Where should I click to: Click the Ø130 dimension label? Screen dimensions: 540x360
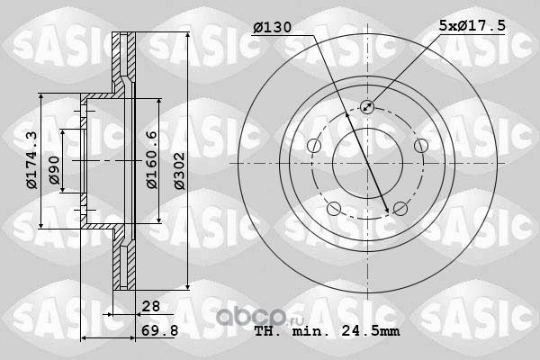pyautogui.click(x=272, y=27)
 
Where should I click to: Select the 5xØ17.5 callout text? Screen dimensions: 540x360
pyautogui.click(x=472, y=25)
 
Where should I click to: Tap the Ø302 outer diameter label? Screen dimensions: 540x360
pyautogui.click(x=179, y=171)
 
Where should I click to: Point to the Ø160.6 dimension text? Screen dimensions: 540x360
pyautogui.click(x=152, y=159)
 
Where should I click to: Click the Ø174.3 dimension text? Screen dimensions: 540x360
pyautogui.click(x=31, y=160)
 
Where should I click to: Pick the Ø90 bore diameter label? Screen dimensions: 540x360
pyautogui.click(x=54, y=170)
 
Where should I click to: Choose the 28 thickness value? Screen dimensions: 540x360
pyautogui.click(x=151, y=306)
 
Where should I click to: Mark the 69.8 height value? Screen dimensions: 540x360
pyautogui.click(x=160, y=330)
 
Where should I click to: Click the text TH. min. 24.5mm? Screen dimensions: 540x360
pyautogui.click(x=328, y=331)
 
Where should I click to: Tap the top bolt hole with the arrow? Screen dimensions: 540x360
pyautogui.click(x=367, y=107)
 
